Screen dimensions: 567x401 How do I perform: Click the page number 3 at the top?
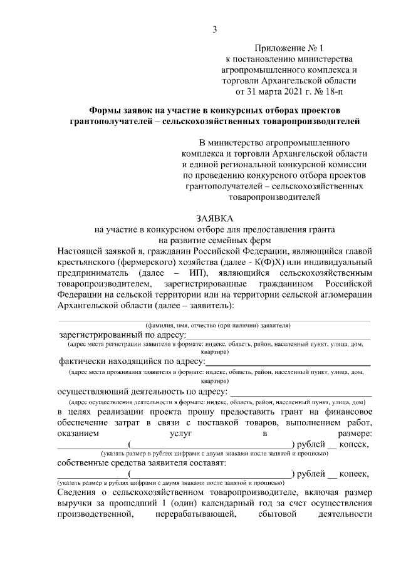click(x=214, y=29)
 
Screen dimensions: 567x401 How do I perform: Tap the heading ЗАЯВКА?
click(x=214, y=219)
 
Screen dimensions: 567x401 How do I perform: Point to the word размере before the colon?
click(x=354, y=434)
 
